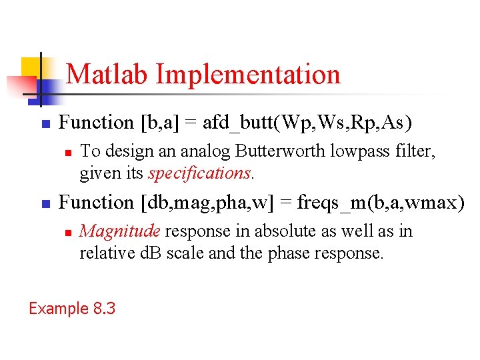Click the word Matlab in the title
108,74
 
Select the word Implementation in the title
248,74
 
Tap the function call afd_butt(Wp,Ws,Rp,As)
307,123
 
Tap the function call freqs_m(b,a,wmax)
381,202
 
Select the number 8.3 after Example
104,309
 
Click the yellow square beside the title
31,69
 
